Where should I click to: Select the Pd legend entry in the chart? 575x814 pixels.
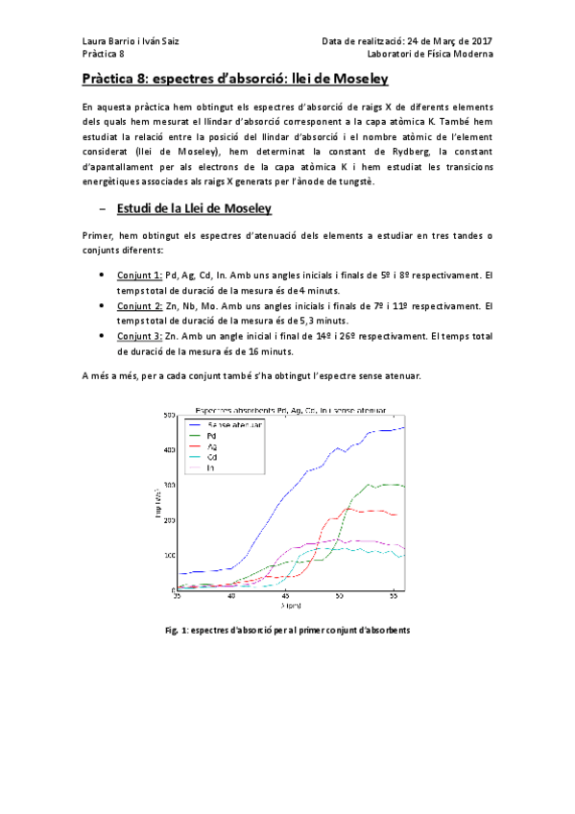pos(211,435)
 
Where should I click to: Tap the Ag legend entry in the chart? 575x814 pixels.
pos(211,446)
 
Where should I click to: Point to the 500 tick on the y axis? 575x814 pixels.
pos(168,415)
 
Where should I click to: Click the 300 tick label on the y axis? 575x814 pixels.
pos(168,485)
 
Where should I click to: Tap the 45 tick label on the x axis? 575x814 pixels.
pos(285,596)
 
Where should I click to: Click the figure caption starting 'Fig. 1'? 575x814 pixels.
pos(288,631)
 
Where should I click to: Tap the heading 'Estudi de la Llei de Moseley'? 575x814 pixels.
pos(192,208)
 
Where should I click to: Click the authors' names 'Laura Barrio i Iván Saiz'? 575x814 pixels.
pos(130,41)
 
